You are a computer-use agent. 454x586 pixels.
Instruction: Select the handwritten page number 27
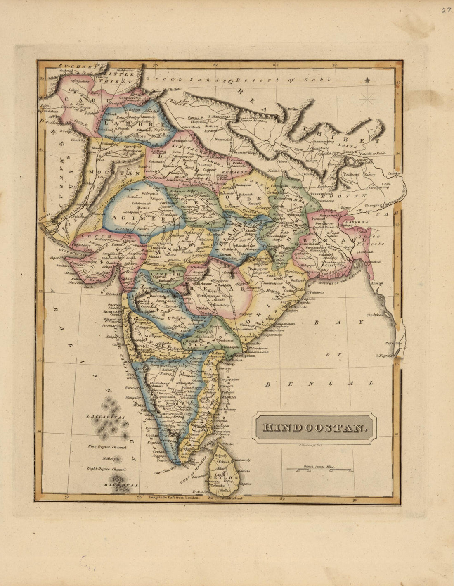(x=445, y=10)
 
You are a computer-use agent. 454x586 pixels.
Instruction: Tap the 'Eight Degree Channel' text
(x=106, y=469)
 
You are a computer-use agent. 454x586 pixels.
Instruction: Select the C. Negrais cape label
(x=383, y=356)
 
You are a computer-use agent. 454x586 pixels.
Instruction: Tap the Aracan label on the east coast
(x=376, y=283)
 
